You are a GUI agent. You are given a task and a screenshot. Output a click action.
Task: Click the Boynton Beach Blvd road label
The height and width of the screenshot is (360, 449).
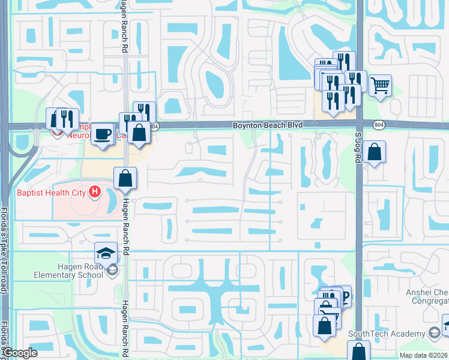pos(267,125)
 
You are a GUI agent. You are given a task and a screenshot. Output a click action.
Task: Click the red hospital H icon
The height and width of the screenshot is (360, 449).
pos(94,193)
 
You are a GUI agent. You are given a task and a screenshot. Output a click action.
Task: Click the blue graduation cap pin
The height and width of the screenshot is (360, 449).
pos(106,253)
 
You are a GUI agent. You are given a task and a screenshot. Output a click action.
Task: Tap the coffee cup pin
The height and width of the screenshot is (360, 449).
pos(103,133)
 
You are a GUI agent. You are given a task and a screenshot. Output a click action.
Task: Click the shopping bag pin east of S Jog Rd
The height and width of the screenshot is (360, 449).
pos(374,151)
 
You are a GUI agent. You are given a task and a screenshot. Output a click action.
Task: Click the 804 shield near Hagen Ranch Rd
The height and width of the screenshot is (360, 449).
pos(154,126)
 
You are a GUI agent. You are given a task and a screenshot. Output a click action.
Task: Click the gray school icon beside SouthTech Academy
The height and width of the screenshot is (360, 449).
pos(434,332)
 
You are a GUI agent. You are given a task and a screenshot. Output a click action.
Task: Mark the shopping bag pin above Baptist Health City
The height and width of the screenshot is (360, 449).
pos(125,178)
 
